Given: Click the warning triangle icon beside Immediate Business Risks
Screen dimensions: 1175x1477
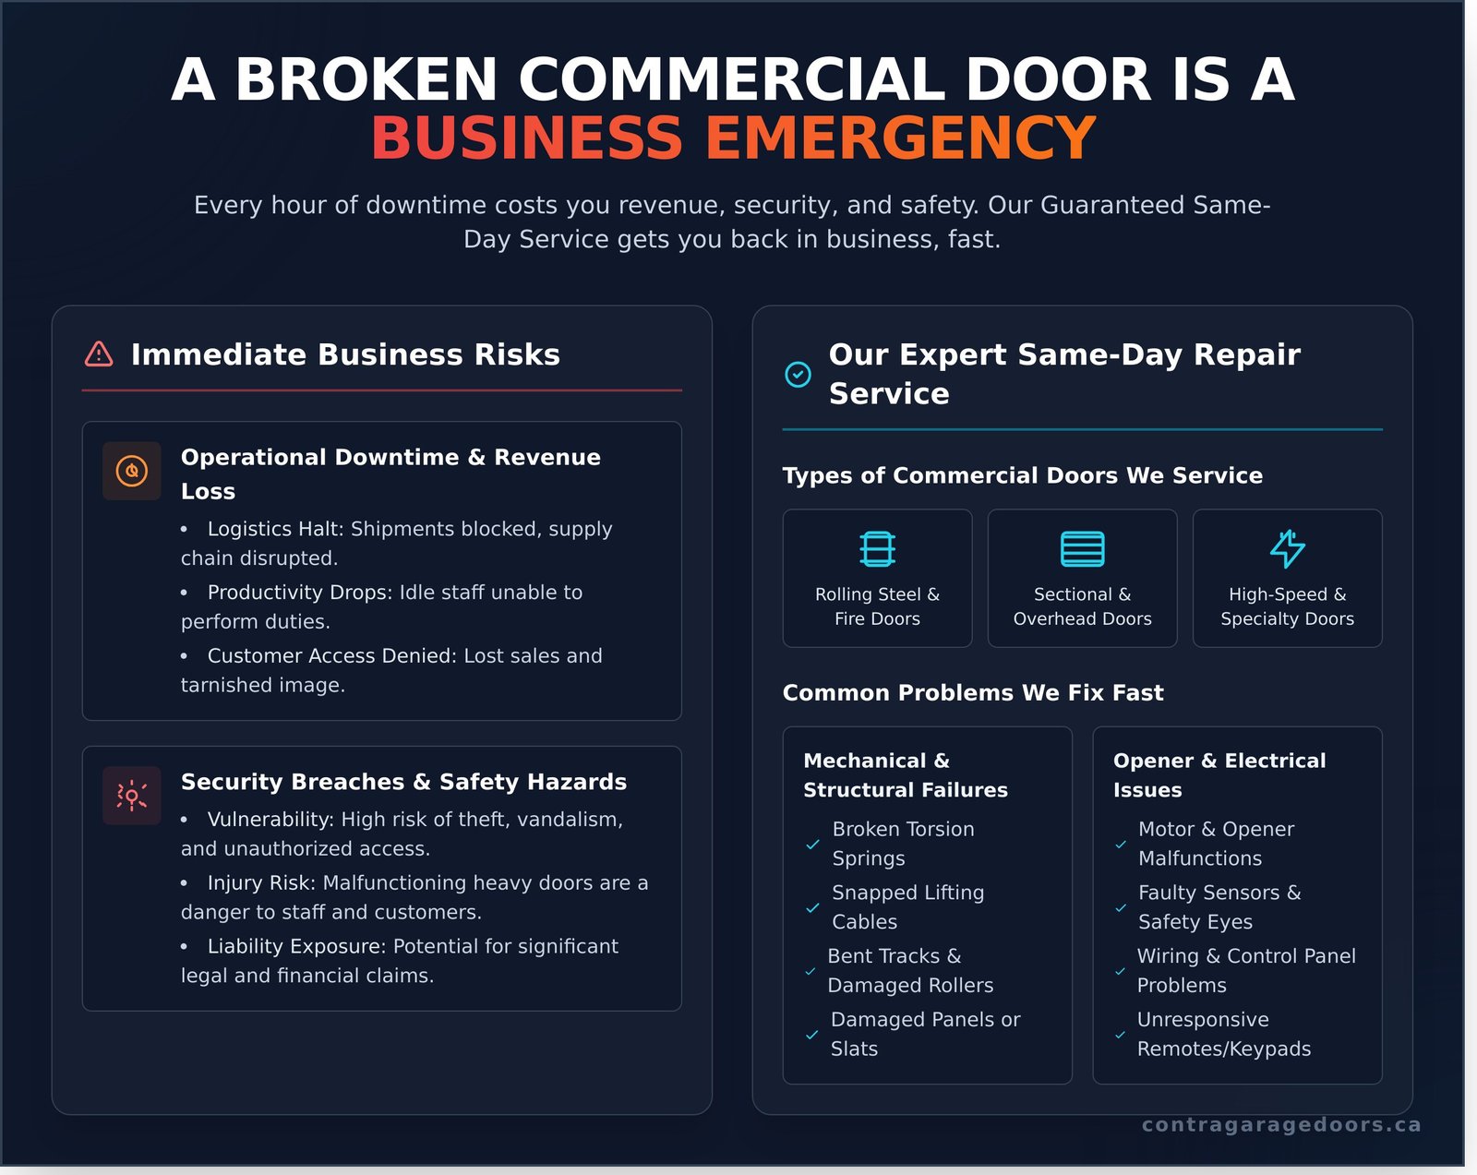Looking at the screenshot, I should [99, 354].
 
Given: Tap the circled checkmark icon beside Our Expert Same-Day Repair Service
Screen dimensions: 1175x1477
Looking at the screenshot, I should [798, 374].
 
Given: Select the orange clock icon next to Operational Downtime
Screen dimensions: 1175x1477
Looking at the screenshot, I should [132, 471].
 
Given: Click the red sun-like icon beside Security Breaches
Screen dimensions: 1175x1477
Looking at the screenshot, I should [132, 796].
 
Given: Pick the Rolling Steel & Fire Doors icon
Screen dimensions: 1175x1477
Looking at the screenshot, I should [877, 548].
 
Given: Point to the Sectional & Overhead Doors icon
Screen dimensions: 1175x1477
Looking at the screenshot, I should [1082, 548].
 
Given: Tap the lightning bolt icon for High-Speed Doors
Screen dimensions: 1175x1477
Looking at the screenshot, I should [1287, 548].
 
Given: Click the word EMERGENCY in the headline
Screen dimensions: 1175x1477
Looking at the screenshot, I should [901, 138].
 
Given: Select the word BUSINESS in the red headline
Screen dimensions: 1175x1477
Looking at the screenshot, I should [526, 138].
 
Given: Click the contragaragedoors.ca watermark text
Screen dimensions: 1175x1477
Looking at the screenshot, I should [1280, 1124].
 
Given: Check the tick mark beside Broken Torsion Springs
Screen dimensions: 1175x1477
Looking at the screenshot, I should [812, 845].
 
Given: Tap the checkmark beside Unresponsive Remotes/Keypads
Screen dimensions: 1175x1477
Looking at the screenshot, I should [1120, 1035].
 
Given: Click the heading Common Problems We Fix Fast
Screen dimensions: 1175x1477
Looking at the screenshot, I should [972, 692].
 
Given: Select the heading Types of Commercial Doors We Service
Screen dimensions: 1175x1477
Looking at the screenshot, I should [1022, 475].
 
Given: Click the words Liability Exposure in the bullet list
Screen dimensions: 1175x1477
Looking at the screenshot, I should [296, 946].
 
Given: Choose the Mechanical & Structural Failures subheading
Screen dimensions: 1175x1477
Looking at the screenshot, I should [905, 774].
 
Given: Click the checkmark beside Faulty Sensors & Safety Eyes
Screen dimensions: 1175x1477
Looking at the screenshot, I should [1120, 908].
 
